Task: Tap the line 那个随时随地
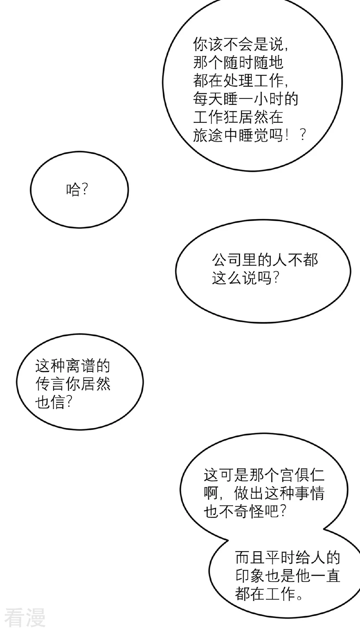[x=238, y=62]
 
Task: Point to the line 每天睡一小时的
[x=246, y=99]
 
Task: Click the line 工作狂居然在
[x=238, y=117]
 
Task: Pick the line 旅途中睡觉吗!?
[x=250, y=135]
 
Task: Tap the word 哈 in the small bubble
[x=72, y=190]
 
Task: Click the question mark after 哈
[x=84, y=190]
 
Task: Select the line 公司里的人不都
[x=265, y=260]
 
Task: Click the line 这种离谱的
[x=72, y=366]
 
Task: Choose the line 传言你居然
[x=72, y=384]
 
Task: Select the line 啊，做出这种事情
[x=264, y=493]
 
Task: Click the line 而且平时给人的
[x=288, y=558]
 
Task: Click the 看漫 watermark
[x=25, y=618]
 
